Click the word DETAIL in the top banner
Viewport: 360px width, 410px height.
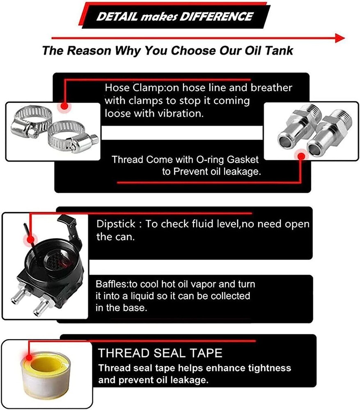click(x=117, y=17)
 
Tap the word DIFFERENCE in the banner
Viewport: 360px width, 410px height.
click(x=216, y=17)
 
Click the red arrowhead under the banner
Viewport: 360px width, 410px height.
click(x=340, y=38)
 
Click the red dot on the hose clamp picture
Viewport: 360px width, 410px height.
click(x=64, y=106)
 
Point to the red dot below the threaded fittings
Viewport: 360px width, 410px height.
click(x=301, y=156)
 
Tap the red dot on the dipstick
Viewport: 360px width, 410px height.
click(x=31, y=239)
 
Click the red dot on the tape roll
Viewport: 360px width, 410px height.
click(x=29, y=357)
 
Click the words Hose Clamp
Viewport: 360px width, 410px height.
click(x=134, y=88)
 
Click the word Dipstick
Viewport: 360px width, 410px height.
click(x=116, y=224)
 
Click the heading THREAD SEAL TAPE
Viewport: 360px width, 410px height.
click(x=160, y=353)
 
